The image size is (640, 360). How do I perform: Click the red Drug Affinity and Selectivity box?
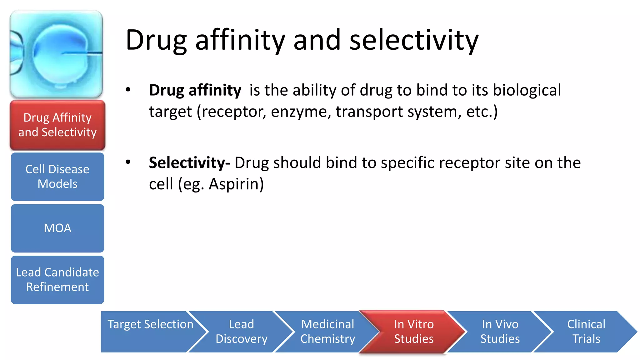tap(57, 125)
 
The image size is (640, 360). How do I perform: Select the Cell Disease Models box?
tap(57, 177)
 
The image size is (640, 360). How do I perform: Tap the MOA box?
tap(57, 228)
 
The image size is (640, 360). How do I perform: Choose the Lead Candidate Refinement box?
tap(57, 280)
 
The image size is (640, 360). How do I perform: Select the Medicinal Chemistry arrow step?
tap(327, 332)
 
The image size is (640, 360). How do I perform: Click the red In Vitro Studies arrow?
tap(413, 332)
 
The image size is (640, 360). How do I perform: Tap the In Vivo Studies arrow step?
tap(500, 332)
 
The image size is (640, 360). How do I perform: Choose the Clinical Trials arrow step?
tap(586, 332)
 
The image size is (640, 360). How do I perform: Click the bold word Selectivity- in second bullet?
tap(189, 163)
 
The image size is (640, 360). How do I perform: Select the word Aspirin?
tap(236, 184)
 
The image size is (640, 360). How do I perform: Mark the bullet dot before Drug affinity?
tap(128, 90)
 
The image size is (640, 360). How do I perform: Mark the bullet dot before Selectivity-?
tap(128, 162)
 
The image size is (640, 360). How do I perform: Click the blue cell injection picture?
tap(56, 54)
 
